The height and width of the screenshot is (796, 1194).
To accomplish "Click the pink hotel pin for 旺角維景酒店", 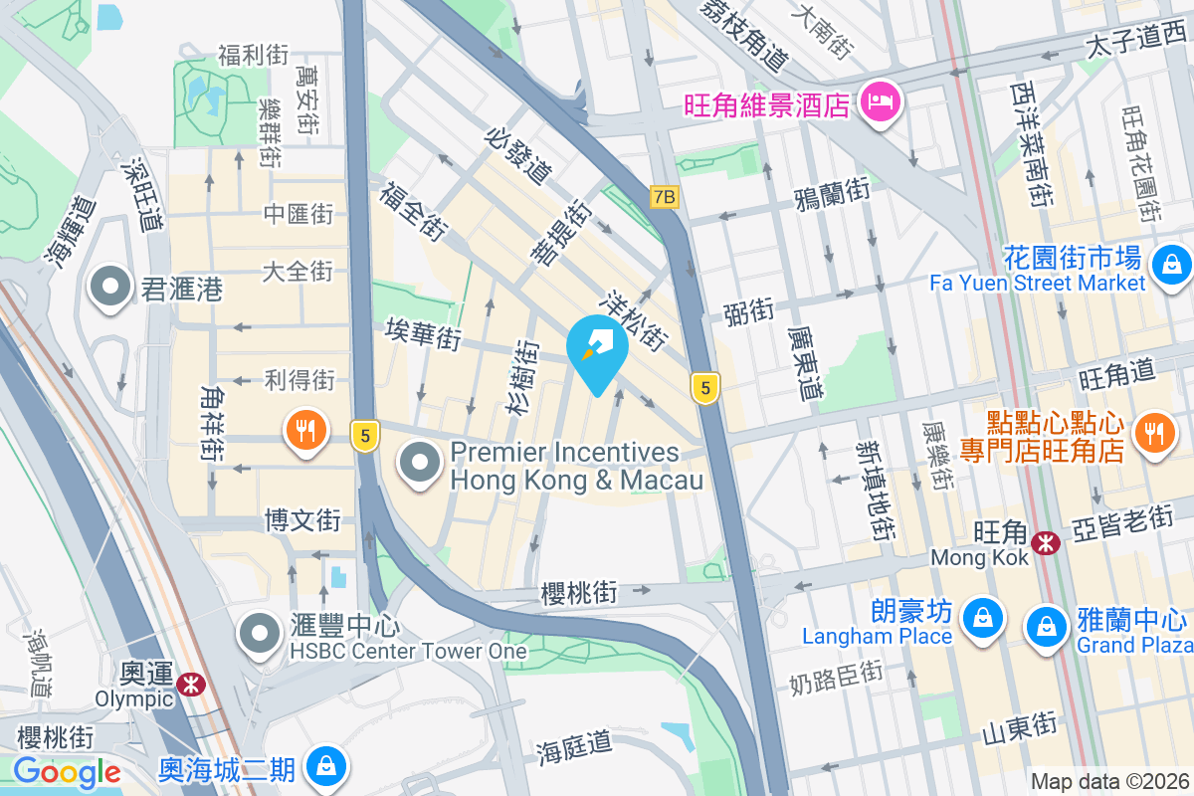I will [880, 100].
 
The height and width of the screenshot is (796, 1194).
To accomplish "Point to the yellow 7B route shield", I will [664, 197].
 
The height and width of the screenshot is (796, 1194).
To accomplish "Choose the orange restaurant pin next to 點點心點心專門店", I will [1153, 433].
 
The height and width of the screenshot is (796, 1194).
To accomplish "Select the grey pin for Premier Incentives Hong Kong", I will [421, 463].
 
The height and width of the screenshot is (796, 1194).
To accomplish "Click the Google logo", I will [68, 772].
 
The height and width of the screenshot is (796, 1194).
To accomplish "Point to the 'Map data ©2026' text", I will [1109, 781].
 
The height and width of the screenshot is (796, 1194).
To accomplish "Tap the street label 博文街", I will [302, 519].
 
